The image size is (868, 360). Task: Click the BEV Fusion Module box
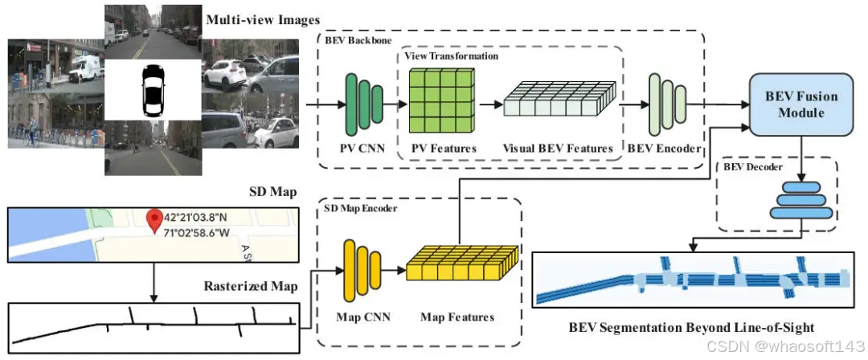tap(800, 104)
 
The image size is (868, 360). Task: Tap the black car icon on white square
tap(152, 92)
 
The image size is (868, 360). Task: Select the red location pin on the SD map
tap(151, 219)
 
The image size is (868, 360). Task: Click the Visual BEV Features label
tap(558, 149)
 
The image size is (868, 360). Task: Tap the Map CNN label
tap(362, 317)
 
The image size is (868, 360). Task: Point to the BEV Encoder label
tap(664, 149)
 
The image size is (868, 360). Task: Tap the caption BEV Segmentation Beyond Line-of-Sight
tap(691, 328)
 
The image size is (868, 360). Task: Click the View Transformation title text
tap(451, 56)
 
